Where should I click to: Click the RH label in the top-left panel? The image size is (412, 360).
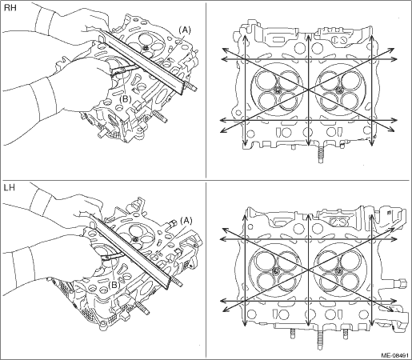pos(10,8)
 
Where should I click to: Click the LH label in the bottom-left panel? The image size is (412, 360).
pos(10,188)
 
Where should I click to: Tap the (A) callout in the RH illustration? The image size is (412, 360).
pos(185,30)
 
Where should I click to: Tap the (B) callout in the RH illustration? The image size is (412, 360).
pos(125,99)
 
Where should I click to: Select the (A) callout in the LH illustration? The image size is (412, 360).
pos(186,220)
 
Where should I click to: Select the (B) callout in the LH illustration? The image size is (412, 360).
pos(114,285)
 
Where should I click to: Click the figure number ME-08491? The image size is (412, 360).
pos(395,355)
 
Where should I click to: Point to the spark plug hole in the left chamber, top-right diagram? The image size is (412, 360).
pos(277,90)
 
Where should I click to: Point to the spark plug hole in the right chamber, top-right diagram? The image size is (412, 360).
pos(339,90)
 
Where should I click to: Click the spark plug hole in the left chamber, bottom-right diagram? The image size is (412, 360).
pos(277,270)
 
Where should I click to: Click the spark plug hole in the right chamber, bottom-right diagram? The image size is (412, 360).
pos(339,270)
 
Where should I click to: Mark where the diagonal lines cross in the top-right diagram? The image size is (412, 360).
pos(308,90)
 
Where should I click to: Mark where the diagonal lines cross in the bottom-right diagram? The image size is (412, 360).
pos(308,270)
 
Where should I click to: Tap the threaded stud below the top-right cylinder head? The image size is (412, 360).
pos(321,155)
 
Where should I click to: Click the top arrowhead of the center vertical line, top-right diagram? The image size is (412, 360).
pos(308,37)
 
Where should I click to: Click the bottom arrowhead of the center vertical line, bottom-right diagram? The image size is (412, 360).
pos(308,323)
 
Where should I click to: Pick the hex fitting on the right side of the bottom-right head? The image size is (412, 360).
pos(402,282)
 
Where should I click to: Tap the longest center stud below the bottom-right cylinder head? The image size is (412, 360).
pos(320,338)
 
